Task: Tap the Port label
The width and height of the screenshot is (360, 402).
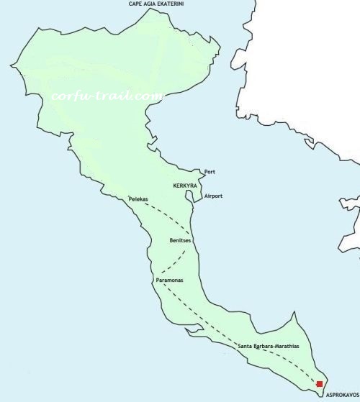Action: click(210, 172)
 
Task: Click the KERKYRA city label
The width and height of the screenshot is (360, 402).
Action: click(185, 185)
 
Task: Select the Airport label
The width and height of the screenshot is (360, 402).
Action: click(213, 196)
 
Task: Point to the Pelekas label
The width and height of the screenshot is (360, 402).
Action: click(139, 198)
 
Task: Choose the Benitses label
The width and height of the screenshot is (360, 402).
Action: click(180, 240)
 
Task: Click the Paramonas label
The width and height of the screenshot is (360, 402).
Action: click(168, 279)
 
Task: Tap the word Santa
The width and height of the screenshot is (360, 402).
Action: click(246, 347)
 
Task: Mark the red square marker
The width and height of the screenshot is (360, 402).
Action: click(319, 384)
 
